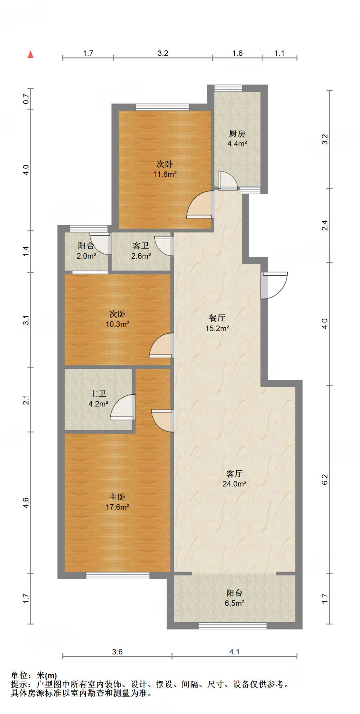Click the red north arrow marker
point(31,54)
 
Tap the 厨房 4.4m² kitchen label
point(237,138)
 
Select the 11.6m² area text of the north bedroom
point(165,174)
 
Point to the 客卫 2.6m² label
point(141,251)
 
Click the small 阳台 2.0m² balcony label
point(86,251)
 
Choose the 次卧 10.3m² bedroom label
point(117,319)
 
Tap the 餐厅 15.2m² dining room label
point(217,323)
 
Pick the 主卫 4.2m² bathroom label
point(98,399)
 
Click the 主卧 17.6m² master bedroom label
point(117,502)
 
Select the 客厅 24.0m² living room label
point(235,479)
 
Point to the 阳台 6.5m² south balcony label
point(235,598)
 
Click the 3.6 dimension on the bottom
point(117,652)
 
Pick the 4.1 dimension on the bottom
point(235,652)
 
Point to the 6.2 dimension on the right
point(325,479)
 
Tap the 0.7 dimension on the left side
point(26,99)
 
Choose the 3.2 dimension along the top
point(163,53)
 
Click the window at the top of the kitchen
point(228,88)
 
